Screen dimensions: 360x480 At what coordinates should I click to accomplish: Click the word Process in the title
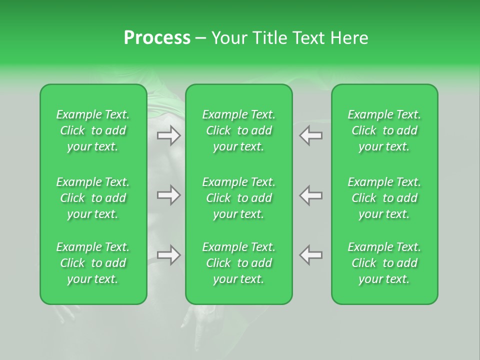[x=157, y=38]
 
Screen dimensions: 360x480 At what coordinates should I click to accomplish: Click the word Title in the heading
[x=269, y=38]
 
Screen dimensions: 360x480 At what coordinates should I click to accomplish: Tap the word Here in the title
[x=348, y=38]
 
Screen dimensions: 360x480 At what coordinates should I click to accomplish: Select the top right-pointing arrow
[x=169, y=135]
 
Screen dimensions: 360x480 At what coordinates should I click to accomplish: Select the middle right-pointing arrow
[x=169, y=195]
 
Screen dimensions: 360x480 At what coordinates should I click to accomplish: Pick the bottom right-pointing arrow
[x=169, y=255]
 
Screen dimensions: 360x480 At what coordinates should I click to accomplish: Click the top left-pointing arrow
[x=310, y=135]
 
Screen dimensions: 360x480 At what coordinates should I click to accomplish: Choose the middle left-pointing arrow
[x=310, y=195]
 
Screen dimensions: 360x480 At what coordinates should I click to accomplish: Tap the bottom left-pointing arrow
[x=310, y=255]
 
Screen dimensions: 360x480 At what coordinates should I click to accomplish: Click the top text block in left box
[x=93, y=130]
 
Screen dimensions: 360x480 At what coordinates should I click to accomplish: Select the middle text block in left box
[x=93, y=198]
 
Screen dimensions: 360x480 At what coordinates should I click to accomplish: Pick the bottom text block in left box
[x=93, y=263]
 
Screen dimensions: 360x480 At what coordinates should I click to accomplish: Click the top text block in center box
[x=239, y=130]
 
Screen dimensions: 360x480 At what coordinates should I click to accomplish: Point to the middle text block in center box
[x=239, y=198]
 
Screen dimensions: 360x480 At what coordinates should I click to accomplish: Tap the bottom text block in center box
[x=239, y=263]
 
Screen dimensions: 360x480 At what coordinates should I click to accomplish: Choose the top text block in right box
[x=384, y=130]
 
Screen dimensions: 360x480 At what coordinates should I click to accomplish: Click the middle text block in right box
[x=384, y=198]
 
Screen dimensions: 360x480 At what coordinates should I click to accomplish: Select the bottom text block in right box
[x=384, y=263]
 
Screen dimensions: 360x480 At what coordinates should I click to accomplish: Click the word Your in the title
[x=229, y=38]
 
